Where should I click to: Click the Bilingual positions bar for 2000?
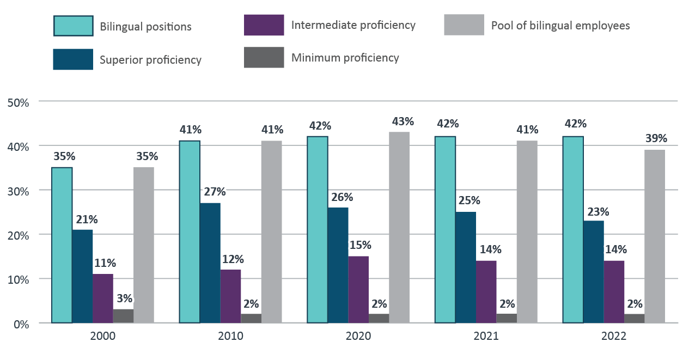click(x=62, y=245)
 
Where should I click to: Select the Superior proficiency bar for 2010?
click(x=210, y=263)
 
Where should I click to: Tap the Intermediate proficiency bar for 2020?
click(x=358, y=289)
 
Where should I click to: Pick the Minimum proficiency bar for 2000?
click(x=123, y=316)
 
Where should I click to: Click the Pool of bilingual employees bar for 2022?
click(x=655, y=236)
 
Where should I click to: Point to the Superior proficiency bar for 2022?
click(x=594, y=272)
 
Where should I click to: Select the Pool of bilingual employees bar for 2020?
click(x=399, y=228)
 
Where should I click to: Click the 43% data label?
click(x=403, y=121)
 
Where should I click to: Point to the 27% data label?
click(x=215, y=192)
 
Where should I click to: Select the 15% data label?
click(x=359, y=245)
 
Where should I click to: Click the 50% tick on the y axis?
click(x=17, y=102)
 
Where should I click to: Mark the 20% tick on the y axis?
click(x=17, y=235)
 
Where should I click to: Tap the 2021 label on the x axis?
click(x=486, y=337)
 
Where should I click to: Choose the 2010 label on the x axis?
click(x=231, y=337)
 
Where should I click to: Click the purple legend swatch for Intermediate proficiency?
click(x=264, y=25)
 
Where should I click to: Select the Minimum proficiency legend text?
click(x=345, y=58)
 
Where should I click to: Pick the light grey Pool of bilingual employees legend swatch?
click(x=464, y=25)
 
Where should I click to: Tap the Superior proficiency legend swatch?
click(x=72, y=59)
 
